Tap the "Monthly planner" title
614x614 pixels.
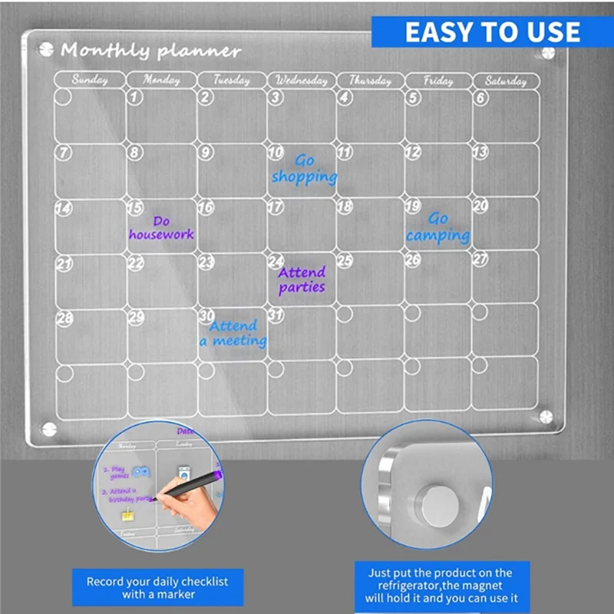pos(150,51)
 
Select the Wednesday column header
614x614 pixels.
pos(302,80)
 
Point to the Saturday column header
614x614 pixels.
pos(506,80)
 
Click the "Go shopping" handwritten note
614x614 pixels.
pos(305,169)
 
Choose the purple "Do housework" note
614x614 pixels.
pos(161,228)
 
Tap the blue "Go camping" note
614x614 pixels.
pos(438,228)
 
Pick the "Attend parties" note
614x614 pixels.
pos(302,280)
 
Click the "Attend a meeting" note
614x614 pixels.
pos(233,333)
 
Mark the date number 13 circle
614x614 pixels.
pos(480,152)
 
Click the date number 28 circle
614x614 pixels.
pos(64,316)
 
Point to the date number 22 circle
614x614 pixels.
pos(136,263)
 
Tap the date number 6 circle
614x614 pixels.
pos(480,97)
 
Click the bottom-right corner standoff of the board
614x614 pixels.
pos(546,416)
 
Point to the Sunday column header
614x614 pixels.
pos(90,80)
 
